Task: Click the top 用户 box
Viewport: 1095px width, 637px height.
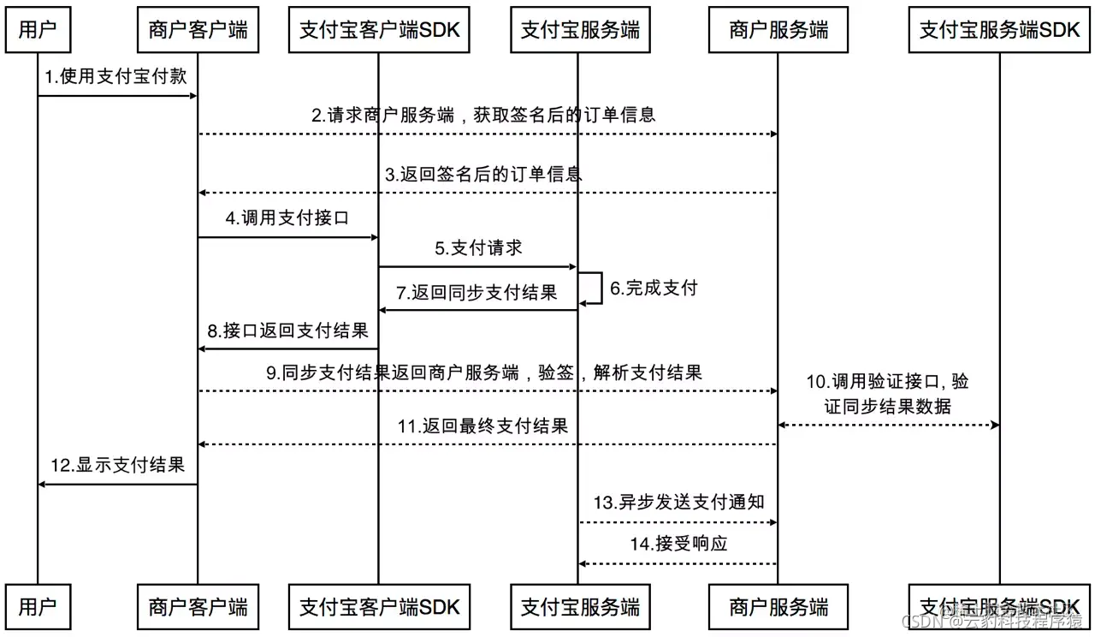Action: tap(38, 31)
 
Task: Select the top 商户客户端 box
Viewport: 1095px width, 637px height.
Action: tap(198, 31)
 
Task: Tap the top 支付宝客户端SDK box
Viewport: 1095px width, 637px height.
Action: tap(379, 31)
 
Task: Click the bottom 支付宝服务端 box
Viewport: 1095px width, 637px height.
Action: tap(579, 607)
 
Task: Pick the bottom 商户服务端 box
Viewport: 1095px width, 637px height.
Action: tap(778, 607)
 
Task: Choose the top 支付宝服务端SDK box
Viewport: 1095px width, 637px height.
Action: tap(999, 31)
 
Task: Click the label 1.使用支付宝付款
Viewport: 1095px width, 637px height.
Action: tap(115, 77)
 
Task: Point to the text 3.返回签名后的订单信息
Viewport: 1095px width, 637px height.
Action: tap(483, 174)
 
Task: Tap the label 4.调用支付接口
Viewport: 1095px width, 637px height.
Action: tap(287, 218)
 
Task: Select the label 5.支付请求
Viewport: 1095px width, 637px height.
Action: tap(478, 248)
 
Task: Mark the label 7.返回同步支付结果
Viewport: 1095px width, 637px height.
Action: tap(476, 292)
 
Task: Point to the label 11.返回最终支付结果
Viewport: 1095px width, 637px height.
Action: tap(482, 426)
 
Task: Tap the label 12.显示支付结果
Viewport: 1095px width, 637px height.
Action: tap(117, 466)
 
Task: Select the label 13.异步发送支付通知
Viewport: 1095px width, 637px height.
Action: tap(678, 502)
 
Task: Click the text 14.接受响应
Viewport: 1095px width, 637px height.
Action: tap(679, 544)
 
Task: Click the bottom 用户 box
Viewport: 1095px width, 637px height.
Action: tap(38, 607)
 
